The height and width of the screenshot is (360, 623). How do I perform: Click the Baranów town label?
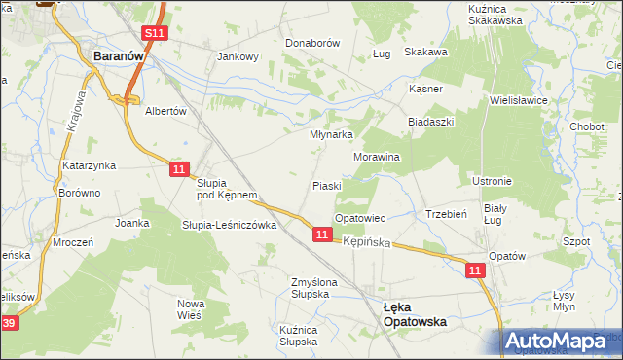118,57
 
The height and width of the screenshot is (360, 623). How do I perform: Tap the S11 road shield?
153,33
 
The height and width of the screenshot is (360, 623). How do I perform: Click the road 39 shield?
8,322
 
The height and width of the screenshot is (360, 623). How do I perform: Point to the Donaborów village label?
311,44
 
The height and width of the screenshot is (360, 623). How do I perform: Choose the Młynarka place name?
330,135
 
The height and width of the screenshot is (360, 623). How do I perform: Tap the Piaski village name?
326,186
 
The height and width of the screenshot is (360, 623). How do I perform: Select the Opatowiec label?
360,218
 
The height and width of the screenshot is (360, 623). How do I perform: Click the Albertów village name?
165,111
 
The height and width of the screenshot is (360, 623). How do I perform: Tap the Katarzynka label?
90,165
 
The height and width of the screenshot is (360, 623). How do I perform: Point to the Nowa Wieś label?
191,309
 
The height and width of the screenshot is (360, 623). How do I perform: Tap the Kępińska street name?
366,240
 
